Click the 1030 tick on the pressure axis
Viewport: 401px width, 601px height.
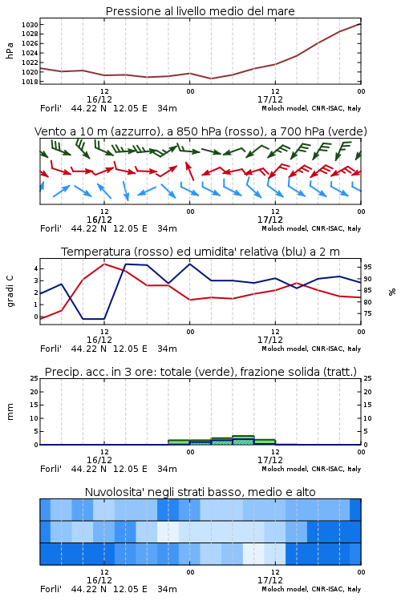30,25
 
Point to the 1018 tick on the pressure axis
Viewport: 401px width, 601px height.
30,82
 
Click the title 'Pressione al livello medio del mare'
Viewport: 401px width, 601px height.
200,11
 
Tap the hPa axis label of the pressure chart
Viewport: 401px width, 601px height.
10,50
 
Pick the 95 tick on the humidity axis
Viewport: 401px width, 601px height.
367,267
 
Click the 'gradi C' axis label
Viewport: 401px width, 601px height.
10,291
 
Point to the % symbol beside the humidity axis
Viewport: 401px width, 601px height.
392,292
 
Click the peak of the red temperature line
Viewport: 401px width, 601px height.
104,264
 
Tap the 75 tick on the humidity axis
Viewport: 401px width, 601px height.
367,313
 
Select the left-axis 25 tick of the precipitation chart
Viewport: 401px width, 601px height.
34,378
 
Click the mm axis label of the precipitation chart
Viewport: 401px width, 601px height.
10,412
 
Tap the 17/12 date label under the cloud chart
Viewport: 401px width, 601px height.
269,580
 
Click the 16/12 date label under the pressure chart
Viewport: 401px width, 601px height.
99,99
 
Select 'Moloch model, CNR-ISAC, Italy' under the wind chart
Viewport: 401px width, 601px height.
311,228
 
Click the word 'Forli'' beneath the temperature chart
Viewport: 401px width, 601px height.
51,349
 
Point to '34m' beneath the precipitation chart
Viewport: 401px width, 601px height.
167,469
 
